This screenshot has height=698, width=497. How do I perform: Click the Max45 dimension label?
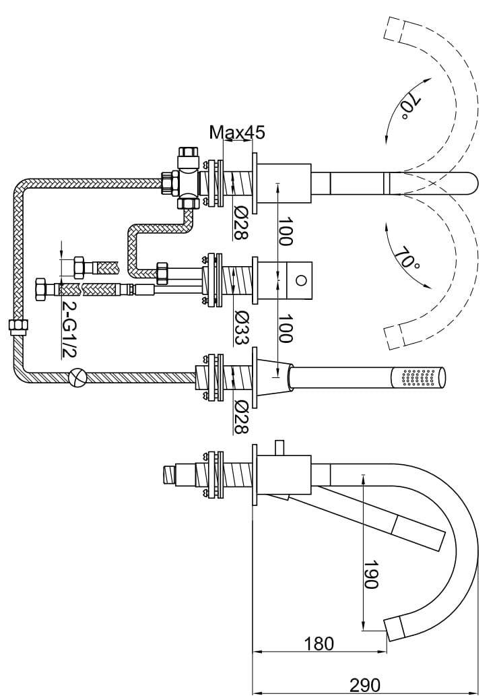[x=236, y=132]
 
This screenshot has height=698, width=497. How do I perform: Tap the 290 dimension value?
[x=364, y=685]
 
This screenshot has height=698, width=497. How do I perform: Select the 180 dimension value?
[x=319, y=643]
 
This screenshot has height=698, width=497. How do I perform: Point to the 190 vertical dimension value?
[x=371, y=574]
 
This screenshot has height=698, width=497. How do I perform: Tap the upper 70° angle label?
[x=409, y=108]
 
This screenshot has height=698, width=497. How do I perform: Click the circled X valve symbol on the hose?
[x=79, y=377]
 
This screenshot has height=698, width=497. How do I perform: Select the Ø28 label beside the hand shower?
[x=240, y=416]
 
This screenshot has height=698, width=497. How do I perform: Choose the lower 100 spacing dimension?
[x=285, y=329]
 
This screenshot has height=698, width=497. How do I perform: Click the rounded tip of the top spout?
[x=471, y=183]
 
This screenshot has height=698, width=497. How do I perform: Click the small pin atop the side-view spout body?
[x=279, y=448]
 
